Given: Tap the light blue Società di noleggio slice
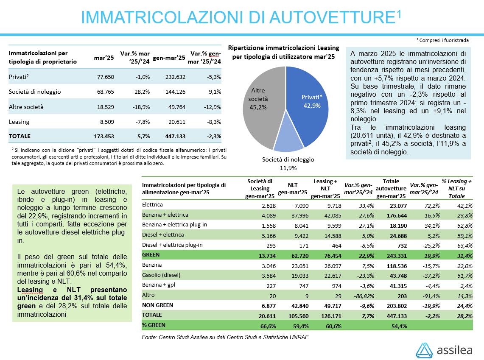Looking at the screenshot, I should coord(288,142).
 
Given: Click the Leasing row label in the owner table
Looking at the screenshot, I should coord(19,122).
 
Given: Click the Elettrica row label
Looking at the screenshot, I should coord(153,205).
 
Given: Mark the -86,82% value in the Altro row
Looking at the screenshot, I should coord(362,295).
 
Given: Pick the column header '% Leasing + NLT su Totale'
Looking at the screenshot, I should coord(456,189).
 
